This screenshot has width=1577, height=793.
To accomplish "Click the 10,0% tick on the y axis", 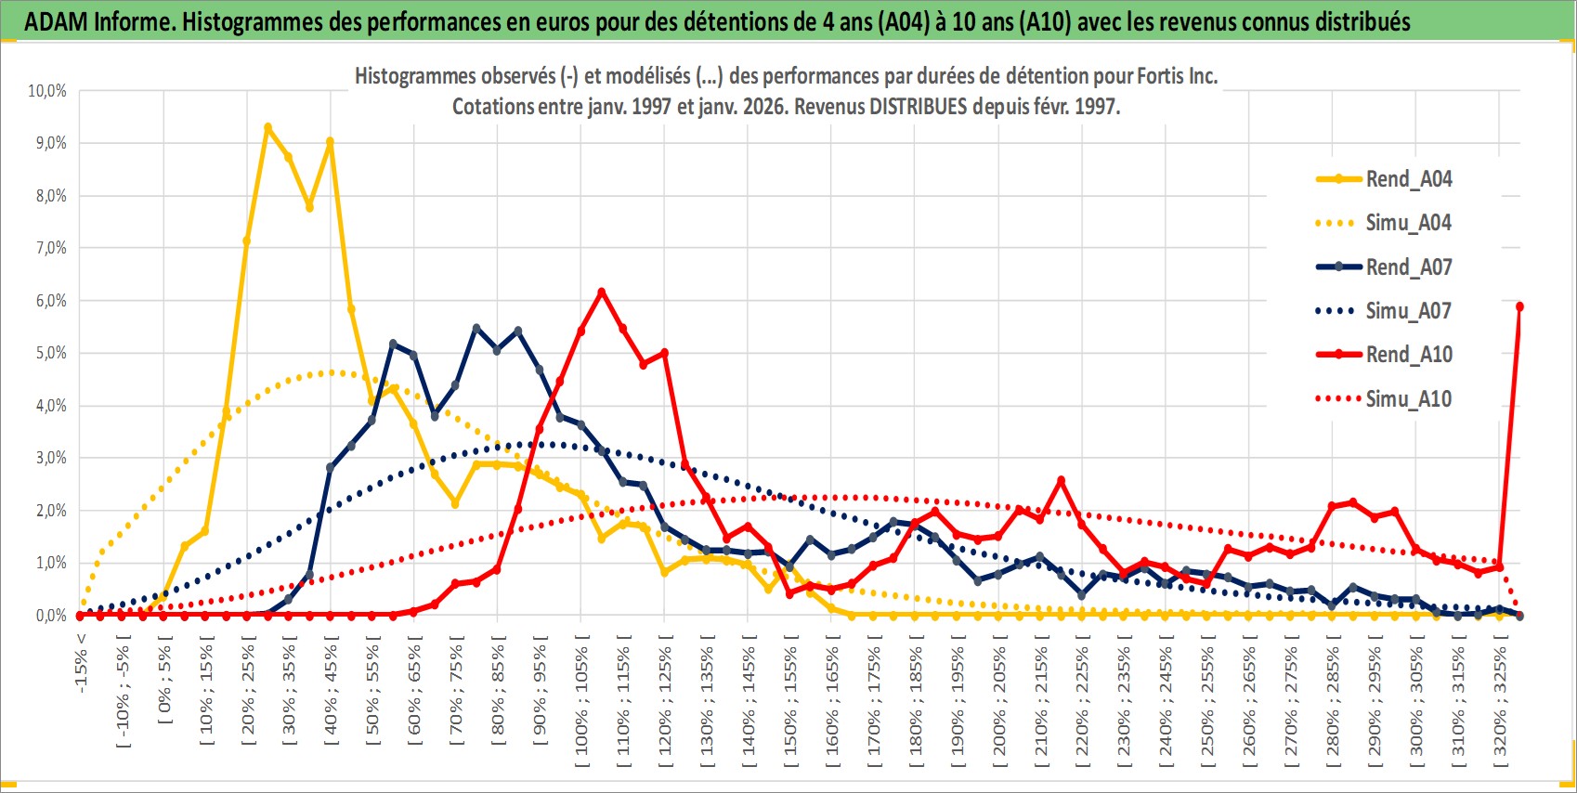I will (x=47, y=91).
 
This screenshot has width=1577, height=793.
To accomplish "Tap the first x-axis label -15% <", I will (x=81, y=663).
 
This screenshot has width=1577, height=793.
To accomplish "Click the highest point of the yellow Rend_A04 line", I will (x=267, y=127).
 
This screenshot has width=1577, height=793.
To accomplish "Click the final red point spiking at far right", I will (x=1519, y=306).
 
